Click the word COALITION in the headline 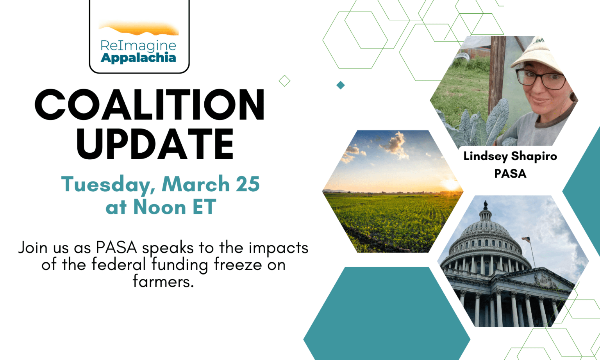click(150, 105)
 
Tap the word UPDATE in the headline click(155, 144)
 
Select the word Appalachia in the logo click(138, 58)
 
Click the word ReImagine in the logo click(138, 46)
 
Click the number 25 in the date click(248, 184)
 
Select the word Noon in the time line click(160, 207)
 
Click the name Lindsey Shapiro click(510, 157)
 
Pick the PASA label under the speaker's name click(510, 174)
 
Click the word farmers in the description click(163, 281)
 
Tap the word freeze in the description click(238, 264)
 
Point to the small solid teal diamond click(341, 85)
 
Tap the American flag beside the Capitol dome click(526, 239)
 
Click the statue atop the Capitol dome click(486, 205)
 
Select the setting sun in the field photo click(450, 185)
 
